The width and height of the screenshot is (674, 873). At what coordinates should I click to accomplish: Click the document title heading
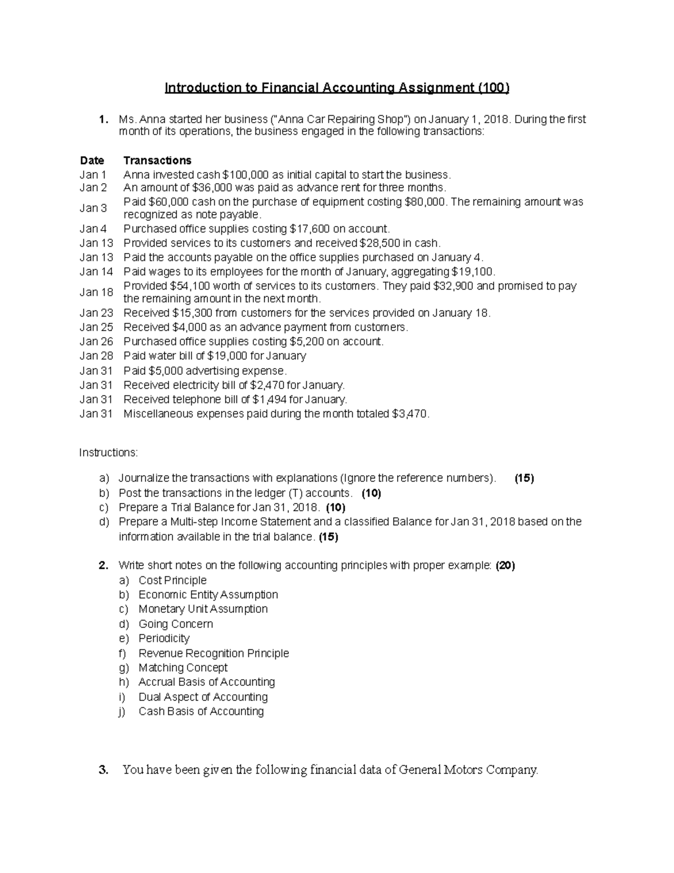pyautogui.click(x=336, y=88)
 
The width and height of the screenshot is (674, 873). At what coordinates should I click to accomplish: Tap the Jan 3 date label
pyautogui.click(x=93, y=208)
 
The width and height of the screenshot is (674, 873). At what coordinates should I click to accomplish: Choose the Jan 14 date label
pyautogui.click(x=96, y=272)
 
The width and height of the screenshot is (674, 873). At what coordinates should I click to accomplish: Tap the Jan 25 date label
pyautogui.click(x=96, y=327)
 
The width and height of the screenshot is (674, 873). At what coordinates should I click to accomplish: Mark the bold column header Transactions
pyautogui.click(x=157, y=160)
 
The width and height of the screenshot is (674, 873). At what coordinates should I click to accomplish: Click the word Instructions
pyautogui.click(x=108, y=453)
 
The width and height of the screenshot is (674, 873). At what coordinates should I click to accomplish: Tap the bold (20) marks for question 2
pyautogui.click(x=505, y=566)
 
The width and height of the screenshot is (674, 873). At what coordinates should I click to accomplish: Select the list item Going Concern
pyautogui.click(x=176, y=624)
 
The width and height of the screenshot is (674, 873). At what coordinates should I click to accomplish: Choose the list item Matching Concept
pyautogui.click(x=183, y=667)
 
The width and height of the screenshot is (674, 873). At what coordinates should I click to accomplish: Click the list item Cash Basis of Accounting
pyautogui.click(x=201, y=711)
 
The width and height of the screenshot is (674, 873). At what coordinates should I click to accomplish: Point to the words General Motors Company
pyautogui.click(x=467, y=770)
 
